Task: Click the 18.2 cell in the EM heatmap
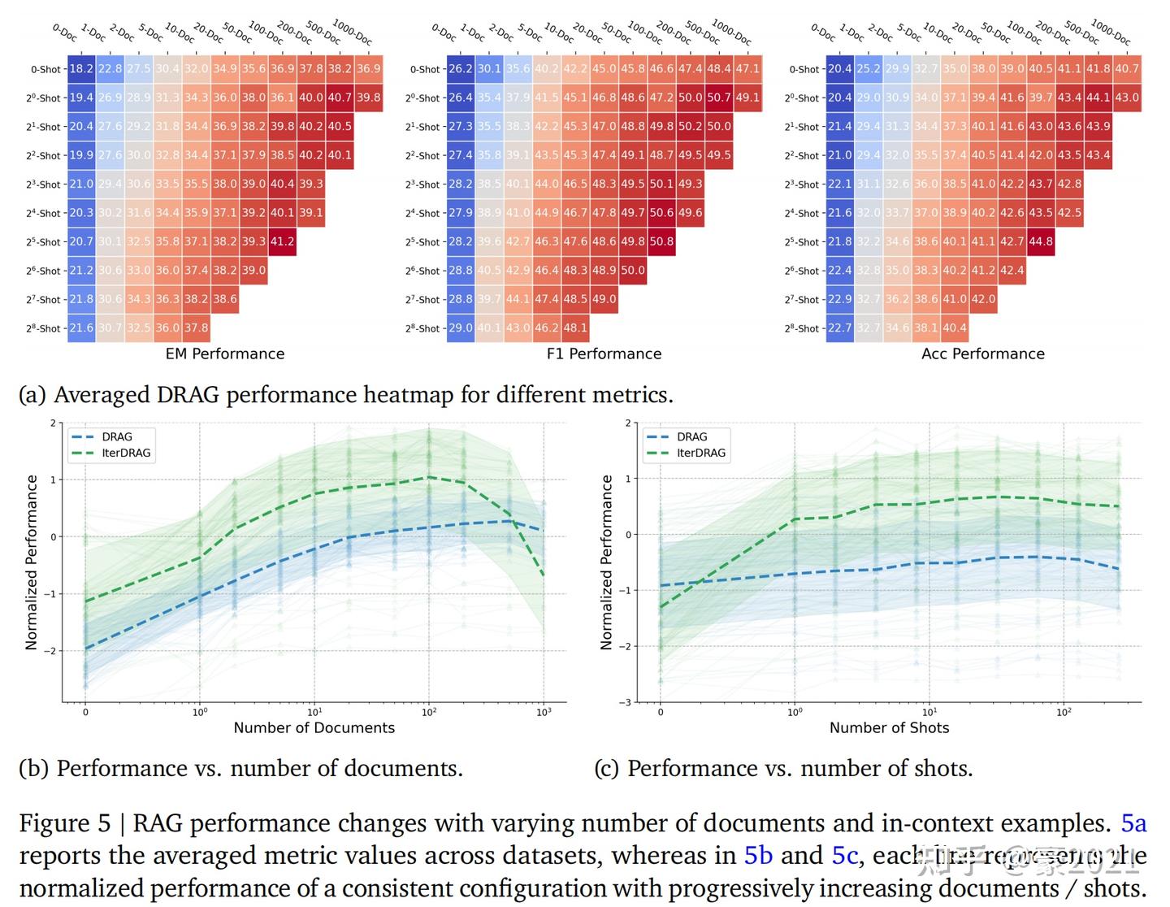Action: [x=81, y=69]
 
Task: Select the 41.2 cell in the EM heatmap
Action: [x=282, y=241]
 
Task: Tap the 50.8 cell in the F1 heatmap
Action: [x=661, y=241]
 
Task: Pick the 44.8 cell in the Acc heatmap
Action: [x=1041, y=241]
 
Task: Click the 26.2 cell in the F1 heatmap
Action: [x=461, y=69]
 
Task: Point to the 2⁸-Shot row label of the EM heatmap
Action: [x=43, y=328]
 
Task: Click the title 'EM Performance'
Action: [x=225, y=354]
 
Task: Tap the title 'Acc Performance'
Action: [x=983, y=354]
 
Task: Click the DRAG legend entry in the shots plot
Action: [x=691, y=436]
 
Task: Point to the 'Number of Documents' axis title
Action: [x=314, y=727]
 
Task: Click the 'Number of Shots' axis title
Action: [x=889, y=727]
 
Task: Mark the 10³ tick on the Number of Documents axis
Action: [x=544, y=712]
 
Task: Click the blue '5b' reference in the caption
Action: [x=758, y=856]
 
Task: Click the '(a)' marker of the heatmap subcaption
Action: [x=32, y=395]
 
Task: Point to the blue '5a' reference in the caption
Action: [x=1133, y=823]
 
